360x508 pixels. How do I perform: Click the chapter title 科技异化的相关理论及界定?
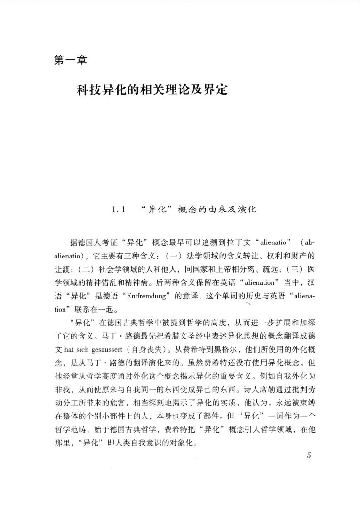point(152,89)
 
